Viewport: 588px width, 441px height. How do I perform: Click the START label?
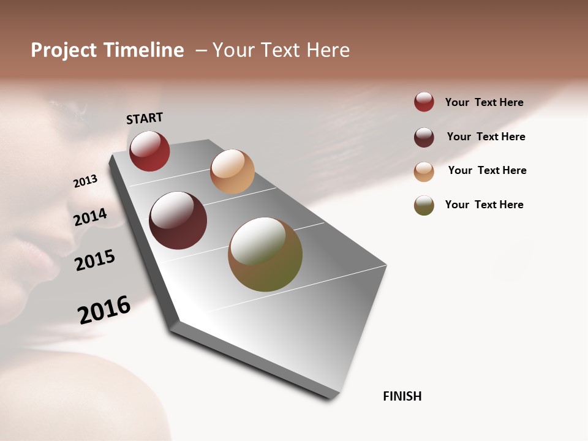point(145,118)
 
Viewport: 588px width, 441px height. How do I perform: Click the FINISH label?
point(402,396)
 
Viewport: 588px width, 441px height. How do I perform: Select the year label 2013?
point(85,181)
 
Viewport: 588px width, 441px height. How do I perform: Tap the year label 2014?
point(90,217)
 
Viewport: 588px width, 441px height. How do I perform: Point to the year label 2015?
point(95,260)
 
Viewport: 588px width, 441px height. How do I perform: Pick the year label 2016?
point(104,310)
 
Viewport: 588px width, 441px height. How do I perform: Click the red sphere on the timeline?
point(149,151)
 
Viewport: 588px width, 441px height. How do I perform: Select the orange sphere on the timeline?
point(232,171)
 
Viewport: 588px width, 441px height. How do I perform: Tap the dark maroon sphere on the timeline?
point(178,221)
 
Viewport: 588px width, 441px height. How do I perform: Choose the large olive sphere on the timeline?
point(265,254)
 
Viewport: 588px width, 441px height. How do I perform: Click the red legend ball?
point(424,102)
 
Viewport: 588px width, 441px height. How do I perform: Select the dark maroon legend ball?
point(424,137)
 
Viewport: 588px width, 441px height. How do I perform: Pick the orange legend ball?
point(424,171)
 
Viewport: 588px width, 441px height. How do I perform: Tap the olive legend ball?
point(424,205)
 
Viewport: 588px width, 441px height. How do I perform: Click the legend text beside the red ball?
point(484,102)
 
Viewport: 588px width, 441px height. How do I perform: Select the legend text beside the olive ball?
point(484,205)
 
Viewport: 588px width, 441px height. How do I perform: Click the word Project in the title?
point(64,50)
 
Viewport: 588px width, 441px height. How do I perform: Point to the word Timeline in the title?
point(144,50)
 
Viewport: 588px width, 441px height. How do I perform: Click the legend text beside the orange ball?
point(487,170)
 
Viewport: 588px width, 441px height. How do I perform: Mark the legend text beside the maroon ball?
point(486,137)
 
